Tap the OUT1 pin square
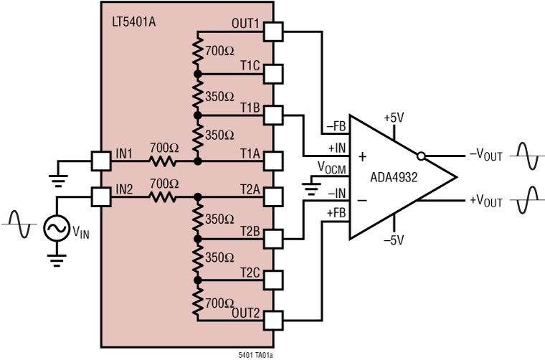pos(273,32)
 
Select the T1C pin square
pos(273,73)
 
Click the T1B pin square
pos(273,115)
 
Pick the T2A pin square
pos(273,196)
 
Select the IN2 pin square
pos(101,196)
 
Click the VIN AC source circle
pos(56,229)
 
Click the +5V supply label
pos(395,118)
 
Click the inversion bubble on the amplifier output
pos(421,156)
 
